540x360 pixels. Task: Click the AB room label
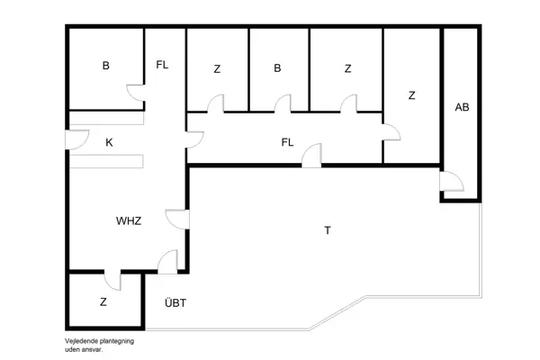462,107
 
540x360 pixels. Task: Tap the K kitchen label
109,142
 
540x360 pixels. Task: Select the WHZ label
129,220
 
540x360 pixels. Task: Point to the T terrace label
328,230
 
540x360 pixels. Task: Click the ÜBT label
175,303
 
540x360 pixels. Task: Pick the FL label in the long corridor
288,142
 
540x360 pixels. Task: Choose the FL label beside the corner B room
162,65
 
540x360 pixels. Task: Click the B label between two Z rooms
278,68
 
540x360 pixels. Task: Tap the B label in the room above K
105,66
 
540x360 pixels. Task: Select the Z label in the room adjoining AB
411,94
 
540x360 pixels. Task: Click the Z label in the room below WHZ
103,302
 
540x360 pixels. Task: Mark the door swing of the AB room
451,184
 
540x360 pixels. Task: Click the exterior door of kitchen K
76,141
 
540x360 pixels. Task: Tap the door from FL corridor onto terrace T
311,157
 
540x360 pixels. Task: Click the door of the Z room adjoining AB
391,132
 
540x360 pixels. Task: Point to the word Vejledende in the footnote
81,342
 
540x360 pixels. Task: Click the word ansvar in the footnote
93,350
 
